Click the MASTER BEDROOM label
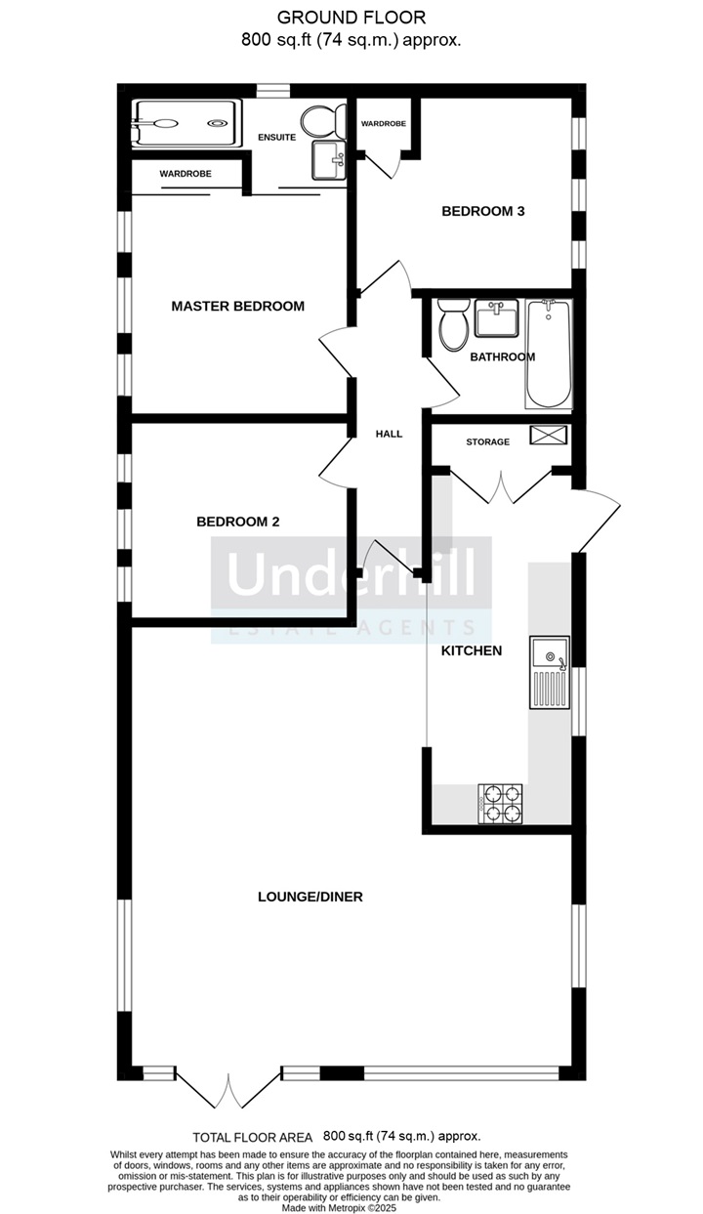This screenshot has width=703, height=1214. point(238,307)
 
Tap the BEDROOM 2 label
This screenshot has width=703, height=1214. point(238,522)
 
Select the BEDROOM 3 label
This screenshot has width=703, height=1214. point(483,211)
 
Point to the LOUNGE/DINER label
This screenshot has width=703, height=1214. point(310,897)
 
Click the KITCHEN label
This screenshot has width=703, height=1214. point(472,650)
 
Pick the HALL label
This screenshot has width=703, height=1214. point(389,434)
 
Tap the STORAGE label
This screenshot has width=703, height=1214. point(487,442)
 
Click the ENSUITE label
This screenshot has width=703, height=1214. point(276,138)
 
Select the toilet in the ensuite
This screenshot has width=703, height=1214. point(324,121)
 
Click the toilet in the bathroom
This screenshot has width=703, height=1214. point(454,324)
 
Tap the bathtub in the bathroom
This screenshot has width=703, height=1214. point(548,355)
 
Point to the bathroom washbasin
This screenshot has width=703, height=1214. point(497,317)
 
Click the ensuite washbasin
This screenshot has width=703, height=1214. point(328,160)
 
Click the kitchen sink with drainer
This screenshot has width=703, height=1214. point(550,672)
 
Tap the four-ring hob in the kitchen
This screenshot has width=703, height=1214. point(500,803)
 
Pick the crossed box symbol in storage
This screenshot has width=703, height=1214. point(549,436)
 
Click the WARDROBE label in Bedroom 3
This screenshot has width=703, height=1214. point(384,124)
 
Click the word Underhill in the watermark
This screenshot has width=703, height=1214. point(351,571)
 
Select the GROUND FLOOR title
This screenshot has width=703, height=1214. point(351,18)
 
